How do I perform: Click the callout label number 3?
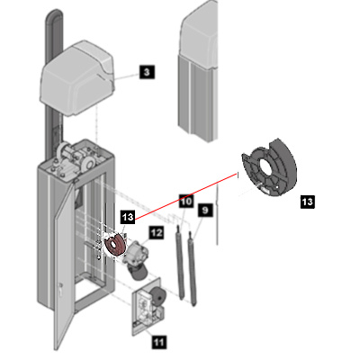147,72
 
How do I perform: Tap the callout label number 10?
186,201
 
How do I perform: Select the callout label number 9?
205,211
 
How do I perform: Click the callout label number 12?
157,232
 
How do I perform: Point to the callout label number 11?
159,342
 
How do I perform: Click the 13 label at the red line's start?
128,217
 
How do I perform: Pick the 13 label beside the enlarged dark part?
308,202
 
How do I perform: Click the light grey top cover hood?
77,79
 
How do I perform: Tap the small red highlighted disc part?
114,245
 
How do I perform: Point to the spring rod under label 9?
192,268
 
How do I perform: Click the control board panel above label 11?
148,307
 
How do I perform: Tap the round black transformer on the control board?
157,296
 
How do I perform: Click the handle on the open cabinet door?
60,290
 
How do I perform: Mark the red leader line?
186,196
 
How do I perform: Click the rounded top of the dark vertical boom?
54,15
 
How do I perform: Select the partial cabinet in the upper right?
198,70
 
